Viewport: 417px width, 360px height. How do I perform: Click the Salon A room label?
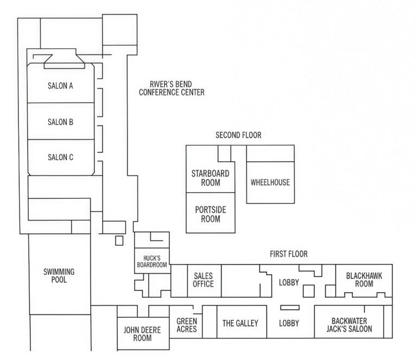coord(60,86)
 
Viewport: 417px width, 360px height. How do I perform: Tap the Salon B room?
coord(60,122)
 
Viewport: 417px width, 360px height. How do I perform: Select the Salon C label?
coord(60,157)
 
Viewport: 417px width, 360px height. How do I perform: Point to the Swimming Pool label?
coord(59,276)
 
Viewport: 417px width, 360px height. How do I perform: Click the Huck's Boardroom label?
coord(152,261)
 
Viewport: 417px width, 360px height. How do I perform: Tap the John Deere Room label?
coord(142,334)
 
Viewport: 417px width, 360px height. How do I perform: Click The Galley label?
coord(241,323)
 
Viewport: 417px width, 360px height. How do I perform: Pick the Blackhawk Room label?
coord(364,280)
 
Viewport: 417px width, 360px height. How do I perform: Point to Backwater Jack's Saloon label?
coord(349,325)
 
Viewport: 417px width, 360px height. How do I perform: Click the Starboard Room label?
coord(210,178)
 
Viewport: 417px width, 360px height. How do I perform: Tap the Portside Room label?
coord(210,214)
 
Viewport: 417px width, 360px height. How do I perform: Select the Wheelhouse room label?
coord(270,182)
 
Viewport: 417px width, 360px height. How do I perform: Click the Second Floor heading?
coord(238,135)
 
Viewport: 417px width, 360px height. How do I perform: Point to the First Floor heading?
coord(289,254)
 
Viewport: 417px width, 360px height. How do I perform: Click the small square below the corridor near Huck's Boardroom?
coord(119,241)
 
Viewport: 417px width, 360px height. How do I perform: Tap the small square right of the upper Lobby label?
coord(309,291)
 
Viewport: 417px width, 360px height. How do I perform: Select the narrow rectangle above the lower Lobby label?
coord(290,308)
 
